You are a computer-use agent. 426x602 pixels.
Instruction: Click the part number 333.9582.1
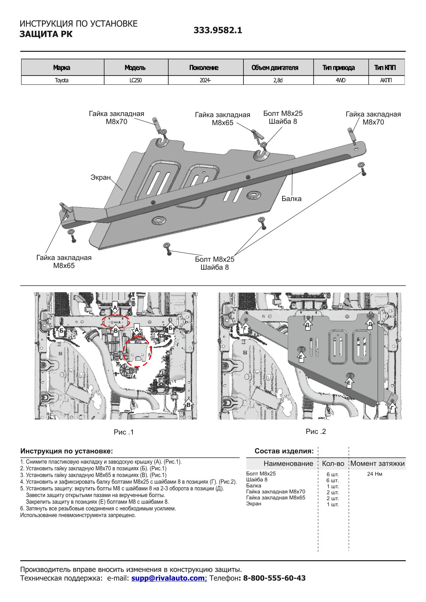218,30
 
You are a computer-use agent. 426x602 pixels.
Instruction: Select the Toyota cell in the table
62,80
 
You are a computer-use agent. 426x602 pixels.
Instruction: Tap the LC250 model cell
136,80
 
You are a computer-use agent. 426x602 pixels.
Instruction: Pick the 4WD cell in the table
340,80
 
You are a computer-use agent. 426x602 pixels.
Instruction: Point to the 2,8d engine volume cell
278,80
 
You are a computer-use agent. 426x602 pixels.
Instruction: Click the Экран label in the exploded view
100,177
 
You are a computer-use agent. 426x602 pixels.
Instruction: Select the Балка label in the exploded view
291,199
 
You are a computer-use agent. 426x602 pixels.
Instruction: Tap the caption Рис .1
124,432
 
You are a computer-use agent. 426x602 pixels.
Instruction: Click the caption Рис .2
316,431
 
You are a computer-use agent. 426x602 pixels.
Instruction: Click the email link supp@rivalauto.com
169,578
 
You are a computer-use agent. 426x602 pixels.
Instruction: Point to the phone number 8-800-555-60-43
274,578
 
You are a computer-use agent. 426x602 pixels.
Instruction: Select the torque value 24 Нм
374,474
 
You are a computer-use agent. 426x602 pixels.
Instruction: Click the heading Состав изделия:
284,451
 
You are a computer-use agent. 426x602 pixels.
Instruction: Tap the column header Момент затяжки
377,464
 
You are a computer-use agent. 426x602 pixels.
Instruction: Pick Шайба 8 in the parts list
257,480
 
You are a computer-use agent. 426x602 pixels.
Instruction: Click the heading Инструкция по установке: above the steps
67,451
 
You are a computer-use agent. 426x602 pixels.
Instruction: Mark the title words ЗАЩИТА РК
46,34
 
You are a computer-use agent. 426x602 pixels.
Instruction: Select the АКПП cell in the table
386,80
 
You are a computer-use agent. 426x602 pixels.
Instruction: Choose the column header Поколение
204,68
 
